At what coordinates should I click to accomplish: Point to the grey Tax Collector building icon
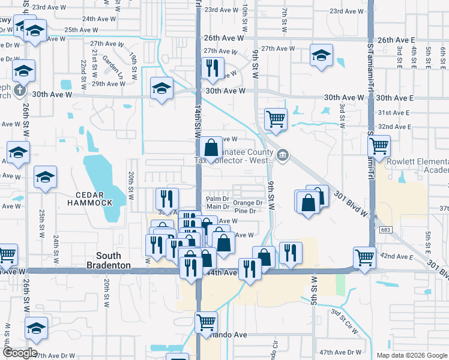[x=282, y=155]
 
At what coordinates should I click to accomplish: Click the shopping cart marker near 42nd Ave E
[x=364, y=257]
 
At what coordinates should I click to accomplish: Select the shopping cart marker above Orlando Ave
[x=206, y=321]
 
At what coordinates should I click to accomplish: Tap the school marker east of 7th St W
[x=321, y=56]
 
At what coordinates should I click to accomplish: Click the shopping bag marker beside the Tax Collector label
[x=211, y=147]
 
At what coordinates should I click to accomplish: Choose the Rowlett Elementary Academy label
[x=418, y=166]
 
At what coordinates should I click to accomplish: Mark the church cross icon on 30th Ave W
[x=19, y=90]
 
